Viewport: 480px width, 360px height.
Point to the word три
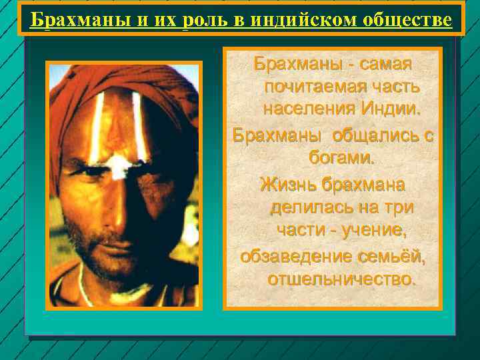[x=397, y=207]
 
